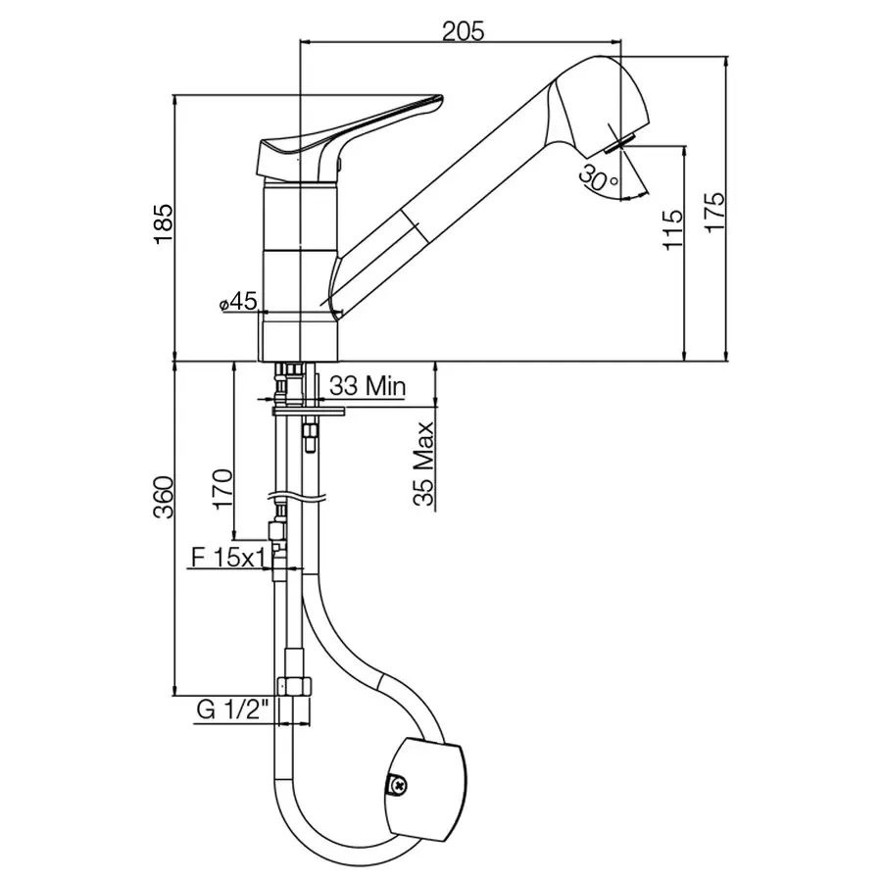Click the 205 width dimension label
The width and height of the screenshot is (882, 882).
coord(463,31)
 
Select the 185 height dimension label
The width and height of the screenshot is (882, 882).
coord(165,223)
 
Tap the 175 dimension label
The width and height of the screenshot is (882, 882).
coord(715,212)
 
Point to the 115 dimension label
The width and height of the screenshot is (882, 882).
coord(672,229)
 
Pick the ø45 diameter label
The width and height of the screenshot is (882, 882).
coord(237,302)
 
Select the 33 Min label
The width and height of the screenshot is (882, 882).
coord(367,386)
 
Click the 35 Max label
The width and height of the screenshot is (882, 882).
coord(424,465)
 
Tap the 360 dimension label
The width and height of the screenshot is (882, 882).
coord(165,497)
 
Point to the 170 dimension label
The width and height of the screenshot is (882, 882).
coord(222,488)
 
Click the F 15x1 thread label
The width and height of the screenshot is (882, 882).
coord(228,558)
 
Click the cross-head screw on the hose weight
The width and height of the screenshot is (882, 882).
coord(398,784)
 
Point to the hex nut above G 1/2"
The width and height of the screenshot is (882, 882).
coord(295,686)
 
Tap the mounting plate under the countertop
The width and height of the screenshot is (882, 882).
coord(309,412)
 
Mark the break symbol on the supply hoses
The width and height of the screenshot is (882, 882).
coord(297,497)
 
